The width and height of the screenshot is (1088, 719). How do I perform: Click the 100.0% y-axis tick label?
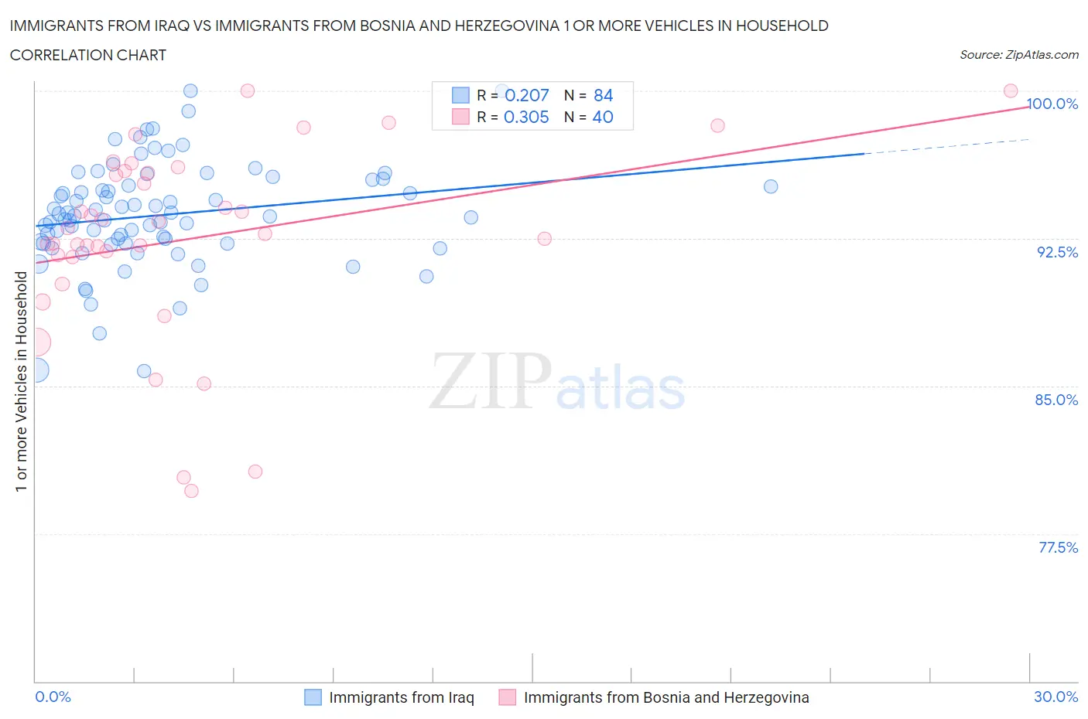(1052, 104)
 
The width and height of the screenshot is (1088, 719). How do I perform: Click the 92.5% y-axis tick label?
(1057, 252)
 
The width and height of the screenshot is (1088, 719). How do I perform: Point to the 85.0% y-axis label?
(1056, 400)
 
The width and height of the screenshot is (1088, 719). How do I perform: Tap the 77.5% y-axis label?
(1058, 547)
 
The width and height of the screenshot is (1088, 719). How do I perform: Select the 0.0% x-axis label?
(53, 697)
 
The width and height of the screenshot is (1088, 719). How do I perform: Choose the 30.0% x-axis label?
(1055, 697)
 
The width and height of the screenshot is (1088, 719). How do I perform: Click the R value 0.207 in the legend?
(526, 95)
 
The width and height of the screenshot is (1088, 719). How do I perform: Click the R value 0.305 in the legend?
(526, 117)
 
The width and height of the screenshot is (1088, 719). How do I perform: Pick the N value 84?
(603, 95)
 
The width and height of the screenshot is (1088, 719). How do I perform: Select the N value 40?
(602, 117)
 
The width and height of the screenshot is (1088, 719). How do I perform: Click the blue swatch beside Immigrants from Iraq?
(313, 697)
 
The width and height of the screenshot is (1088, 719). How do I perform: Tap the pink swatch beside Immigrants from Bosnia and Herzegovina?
(507, 697)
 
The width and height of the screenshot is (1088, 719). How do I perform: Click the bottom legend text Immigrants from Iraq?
(401, 697)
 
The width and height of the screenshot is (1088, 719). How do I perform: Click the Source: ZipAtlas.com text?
(1018, 54)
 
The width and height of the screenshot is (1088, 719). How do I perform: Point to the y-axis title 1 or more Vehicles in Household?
(21, 381)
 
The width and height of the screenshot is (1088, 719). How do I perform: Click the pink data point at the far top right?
(1010, 90)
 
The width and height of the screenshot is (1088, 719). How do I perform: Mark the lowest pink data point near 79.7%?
(191, 491)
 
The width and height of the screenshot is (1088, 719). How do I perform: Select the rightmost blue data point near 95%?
(770, 186)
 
